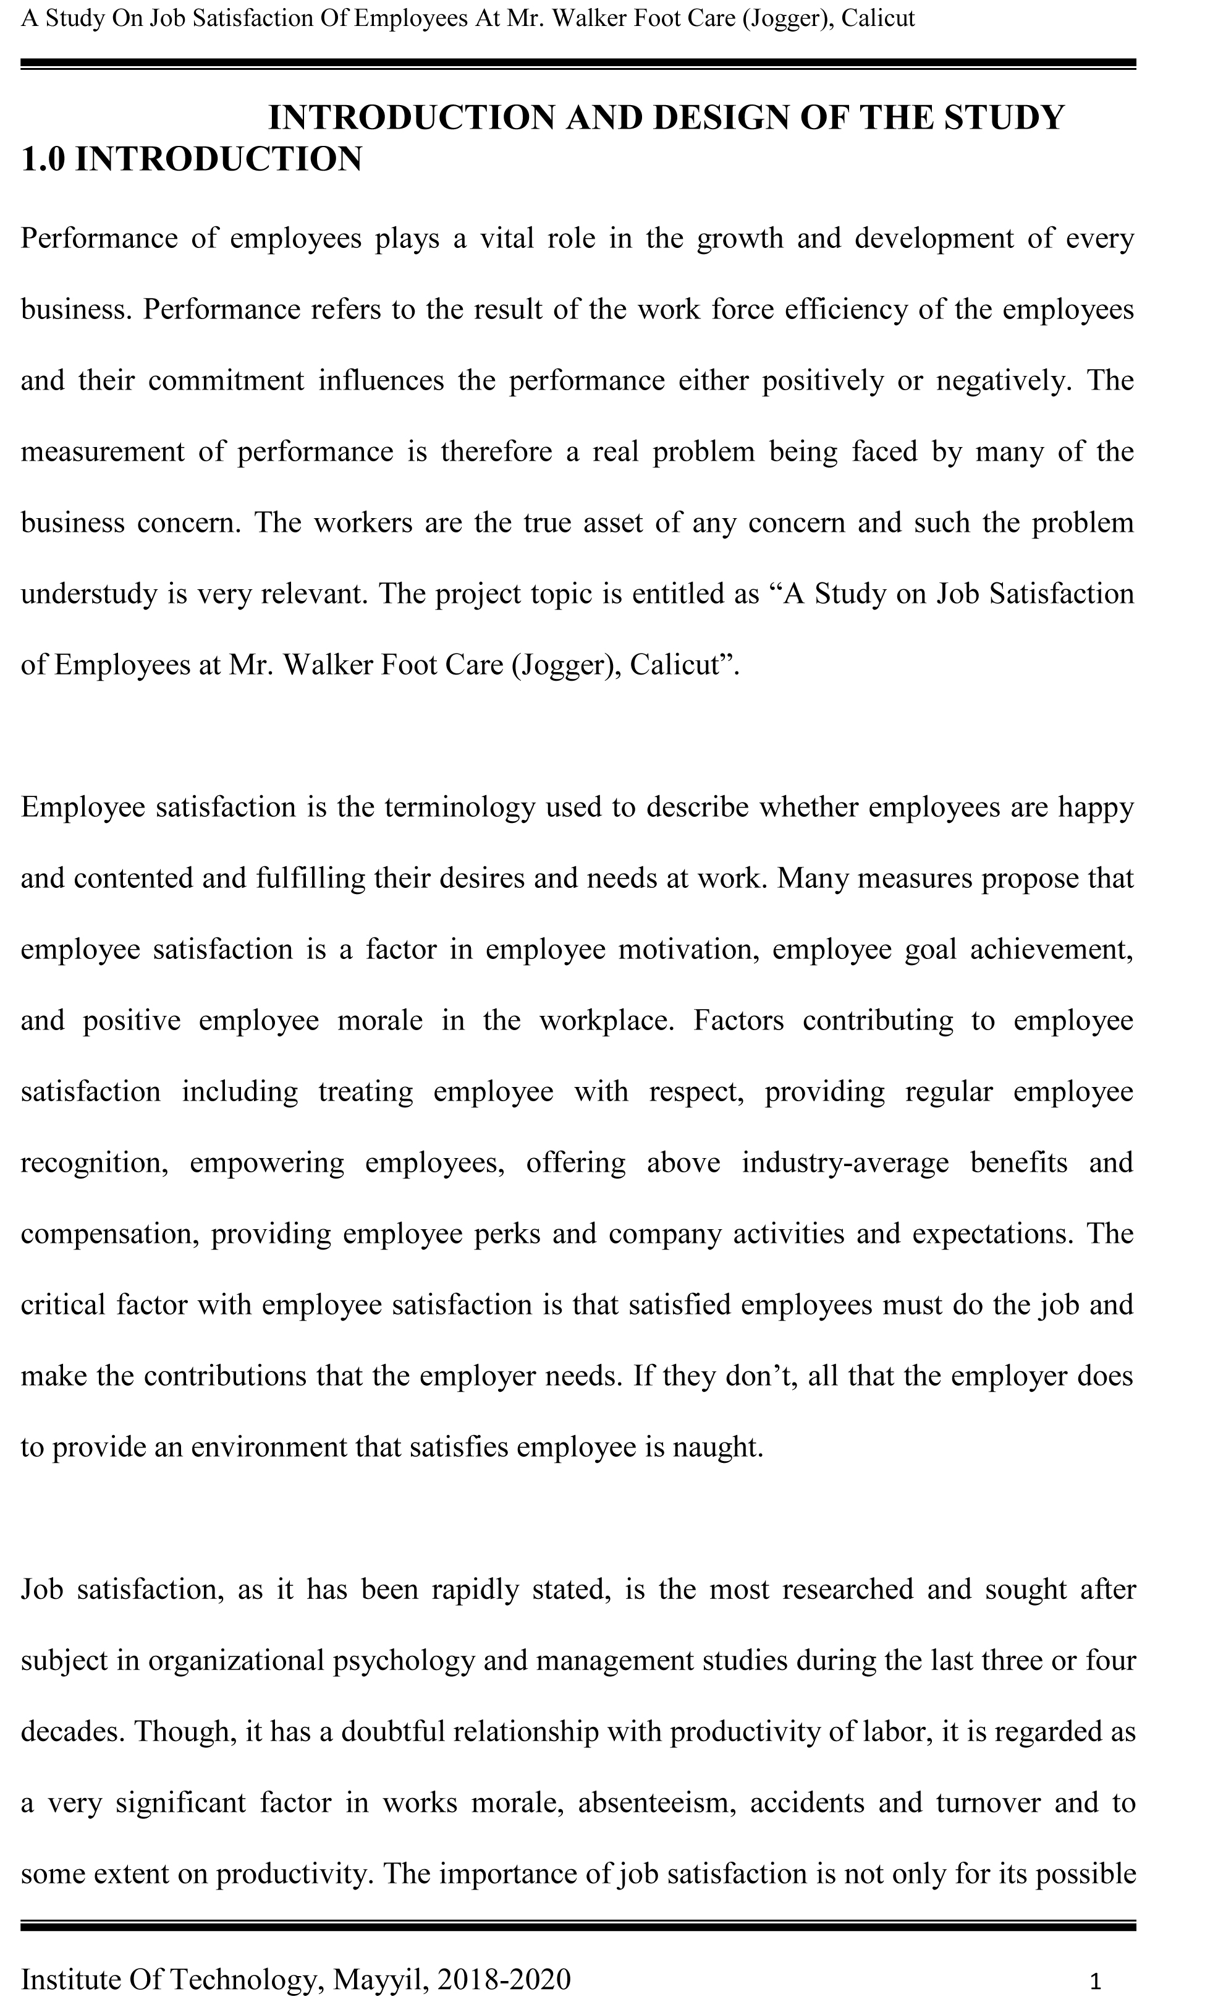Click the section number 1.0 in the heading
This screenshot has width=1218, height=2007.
pos(43,159)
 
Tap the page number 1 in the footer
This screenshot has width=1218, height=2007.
pos(1095,1981)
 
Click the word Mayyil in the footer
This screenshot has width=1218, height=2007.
pos(380,1979)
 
